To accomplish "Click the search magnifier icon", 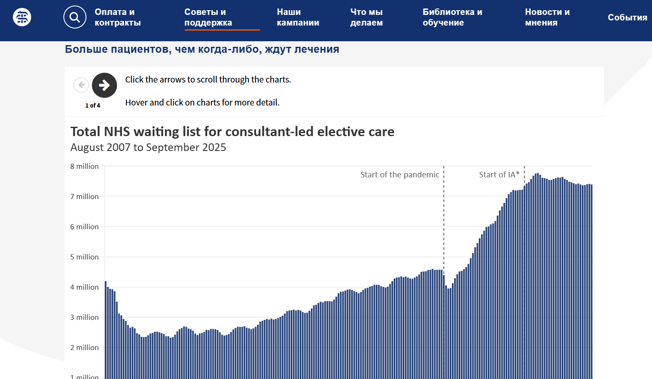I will [x=75, y=17].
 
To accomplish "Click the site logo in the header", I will [x=22, y=17].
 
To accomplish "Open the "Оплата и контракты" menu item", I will [x=117, y=17].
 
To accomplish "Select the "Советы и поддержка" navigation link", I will [x=208, y=17].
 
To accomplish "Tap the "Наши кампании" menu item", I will [x=298, y=17].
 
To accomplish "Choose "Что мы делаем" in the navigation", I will [x=366, y=17].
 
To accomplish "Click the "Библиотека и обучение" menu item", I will [x=452, y=17].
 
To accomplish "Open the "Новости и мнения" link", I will [x=547, y=17].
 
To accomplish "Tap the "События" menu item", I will [x=627, y=17].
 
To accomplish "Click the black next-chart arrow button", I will [x=104, y=85].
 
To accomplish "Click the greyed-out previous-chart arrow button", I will [x=81, y=85].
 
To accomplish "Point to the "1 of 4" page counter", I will [x=93, y=105].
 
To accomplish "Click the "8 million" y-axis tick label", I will [x=84, y=166].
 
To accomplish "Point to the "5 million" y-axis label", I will [x=84, y=257].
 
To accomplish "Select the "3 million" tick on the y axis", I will [x=84, y=317].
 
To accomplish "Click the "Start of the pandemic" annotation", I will [x=400, y=175].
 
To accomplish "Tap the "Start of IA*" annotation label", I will [x=499, y=175].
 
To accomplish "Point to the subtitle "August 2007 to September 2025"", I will [x=148, y=148].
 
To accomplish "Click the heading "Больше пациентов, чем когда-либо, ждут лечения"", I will [x=202, y=49].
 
